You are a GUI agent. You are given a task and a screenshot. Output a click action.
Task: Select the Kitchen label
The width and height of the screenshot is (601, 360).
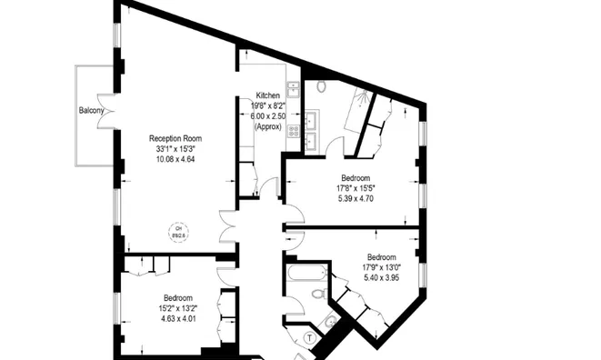(267, 95)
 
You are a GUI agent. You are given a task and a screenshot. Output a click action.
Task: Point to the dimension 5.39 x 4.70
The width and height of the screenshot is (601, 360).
(356, 198)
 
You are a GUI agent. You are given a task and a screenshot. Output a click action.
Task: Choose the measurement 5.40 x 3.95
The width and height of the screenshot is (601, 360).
(381, 277)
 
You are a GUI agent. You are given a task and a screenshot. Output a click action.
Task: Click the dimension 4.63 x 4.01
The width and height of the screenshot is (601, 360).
(178, 318)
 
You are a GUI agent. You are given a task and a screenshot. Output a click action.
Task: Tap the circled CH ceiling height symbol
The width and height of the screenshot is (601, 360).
(179, 231)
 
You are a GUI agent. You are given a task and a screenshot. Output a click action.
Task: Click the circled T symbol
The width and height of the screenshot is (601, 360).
(310, 337)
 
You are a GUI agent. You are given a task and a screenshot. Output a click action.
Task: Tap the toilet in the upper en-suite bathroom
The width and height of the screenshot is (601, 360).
(321, 87)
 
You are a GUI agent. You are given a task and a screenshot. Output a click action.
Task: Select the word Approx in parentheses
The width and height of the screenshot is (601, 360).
(267, 126)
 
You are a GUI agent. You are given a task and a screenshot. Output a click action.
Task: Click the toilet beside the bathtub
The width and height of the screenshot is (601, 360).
(315, 294)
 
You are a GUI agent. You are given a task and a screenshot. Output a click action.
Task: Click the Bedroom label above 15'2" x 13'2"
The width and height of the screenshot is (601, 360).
(178, 298)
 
